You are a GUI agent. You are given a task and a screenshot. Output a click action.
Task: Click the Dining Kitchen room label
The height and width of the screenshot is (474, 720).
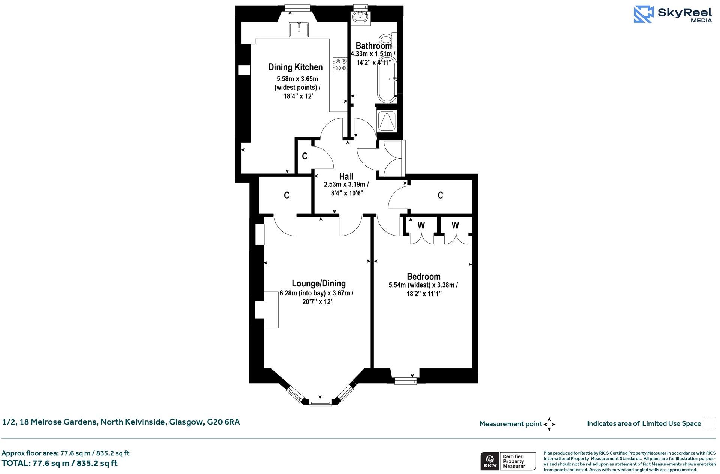point(295,67)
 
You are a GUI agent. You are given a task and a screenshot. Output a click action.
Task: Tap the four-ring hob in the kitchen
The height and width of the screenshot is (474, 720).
point(340,64)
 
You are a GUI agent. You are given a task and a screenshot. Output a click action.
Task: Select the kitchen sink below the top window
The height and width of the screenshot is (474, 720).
point(299,30)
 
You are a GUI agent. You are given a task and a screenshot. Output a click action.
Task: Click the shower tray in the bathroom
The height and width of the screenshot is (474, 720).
point(386,121)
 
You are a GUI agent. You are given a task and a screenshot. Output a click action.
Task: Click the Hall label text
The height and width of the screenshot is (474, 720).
point(346,176)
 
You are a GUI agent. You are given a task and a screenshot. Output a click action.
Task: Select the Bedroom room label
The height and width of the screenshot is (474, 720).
point(423,277)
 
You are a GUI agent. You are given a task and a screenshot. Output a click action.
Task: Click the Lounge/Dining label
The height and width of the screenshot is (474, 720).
point(318,283)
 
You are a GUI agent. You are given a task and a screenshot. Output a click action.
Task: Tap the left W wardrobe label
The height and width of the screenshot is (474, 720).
point(421,225)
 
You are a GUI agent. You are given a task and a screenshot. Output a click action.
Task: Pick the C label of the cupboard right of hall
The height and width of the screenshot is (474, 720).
point(440,195)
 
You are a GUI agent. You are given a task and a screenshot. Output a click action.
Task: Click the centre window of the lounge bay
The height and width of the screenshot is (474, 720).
point(320,403)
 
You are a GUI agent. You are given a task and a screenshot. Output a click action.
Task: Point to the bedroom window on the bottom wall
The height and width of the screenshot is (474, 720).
point(405,381)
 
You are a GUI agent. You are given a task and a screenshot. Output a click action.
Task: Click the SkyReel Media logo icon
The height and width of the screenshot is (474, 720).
point(644,15)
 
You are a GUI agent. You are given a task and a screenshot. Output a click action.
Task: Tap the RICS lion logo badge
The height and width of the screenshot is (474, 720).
point(489,461)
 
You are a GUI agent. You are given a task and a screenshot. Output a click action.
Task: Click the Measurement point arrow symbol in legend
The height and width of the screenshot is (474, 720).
point(549,424)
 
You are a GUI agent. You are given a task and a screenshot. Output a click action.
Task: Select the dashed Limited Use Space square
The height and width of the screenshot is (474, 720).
point(709,423)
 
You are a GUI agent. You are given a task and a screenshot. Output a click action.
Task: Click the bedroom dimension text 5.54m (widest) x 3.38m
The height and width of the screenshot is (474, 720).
point(423,285)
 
